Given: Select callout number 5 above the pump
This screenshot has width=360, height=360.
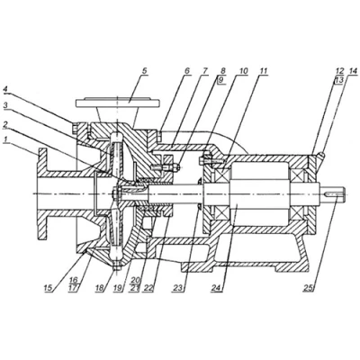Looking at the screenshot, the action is (x=145, y=71).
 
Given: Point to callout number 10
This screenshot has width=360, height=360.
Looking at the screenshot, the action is (x=244, y=71).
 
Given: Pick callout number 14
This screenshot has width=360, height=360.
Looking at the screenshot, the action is (x=354, y=71).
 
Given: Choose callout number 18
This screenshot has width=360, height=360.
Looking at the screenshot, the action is (x=100, y=288).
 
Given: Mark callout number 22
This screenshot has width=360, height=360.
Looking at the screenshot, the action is (x=148, y=288).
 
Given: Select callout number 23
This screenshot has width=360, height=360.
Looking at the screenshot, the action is (x=178, y=288).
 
